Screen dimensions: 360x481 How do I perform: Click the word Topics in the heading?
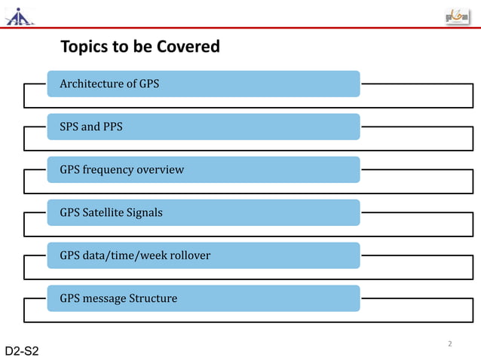click(84, 47)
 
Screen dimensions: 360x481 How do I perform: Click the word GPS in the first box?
click(149, 84)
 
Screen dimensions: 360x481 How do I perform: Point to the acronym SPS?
click(69, 127)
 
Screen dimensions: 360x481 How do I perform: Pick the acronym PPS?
click(112, 127)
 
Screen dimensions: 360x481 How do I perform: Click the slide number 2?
click(449, 344)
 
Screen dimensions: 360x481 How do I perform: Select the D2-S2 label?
click(22, 351)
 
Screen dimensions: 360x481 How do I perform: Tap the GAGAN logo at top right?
click(457, 17)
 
